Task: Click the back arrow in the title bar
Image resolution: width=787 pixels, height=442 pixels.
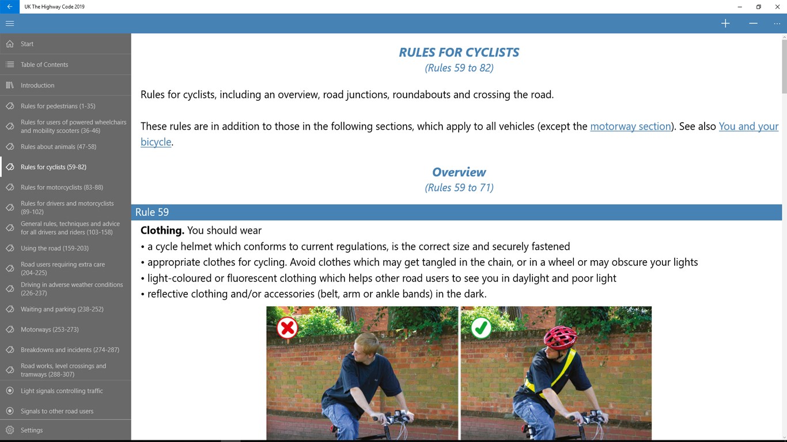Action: click(9, 7)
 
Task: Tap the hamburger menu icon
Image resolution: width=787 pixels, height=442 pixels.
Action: click(10, 24)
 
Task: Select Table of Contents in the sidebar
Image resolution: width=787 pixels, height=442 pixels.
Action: click(44, 64)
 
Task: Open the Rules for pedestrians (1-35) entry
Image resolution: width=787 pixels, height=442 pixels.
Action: click(58, 106)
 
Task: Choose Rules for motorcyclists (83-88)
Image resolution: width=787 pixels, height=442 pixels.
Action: click(62, 188)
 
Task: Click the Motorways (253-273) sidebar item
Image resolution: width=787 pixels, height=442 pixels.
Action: click(50, 330)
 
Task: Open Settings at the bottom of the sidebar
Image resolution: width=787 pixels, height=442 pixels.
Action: click(32, 430)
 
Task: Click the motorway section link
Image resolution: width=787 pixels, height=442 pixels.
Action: click(631, 127)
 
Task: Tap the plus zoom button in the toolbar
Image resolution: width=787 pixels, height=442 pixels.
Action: click(725, 24)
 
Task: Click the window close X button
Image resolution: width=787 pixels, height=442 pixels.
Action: click(778, 7)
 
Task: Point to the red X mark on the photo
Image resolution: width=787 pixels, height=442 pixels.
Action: click(287, 328)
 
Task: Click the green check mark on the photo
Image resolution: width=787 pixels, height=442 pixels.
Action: click(481, 328)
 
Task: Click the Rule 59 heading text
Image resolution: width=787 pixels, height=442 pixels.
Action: click(152, 212)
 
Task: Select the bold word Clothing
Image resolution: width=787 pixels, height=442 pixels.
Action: click(162, 231)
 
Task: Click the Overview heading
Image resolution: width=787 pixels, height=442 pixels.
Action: click(459, 173)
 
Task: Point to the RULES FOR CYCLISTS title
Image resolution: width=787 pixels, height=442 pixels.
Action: click(459, 52)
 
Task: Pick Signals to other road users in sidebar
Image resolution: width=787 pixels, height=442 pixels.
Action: click(57, 411)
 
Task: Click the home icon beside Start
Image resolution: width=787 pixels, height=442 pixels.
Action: click(10, 44)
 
